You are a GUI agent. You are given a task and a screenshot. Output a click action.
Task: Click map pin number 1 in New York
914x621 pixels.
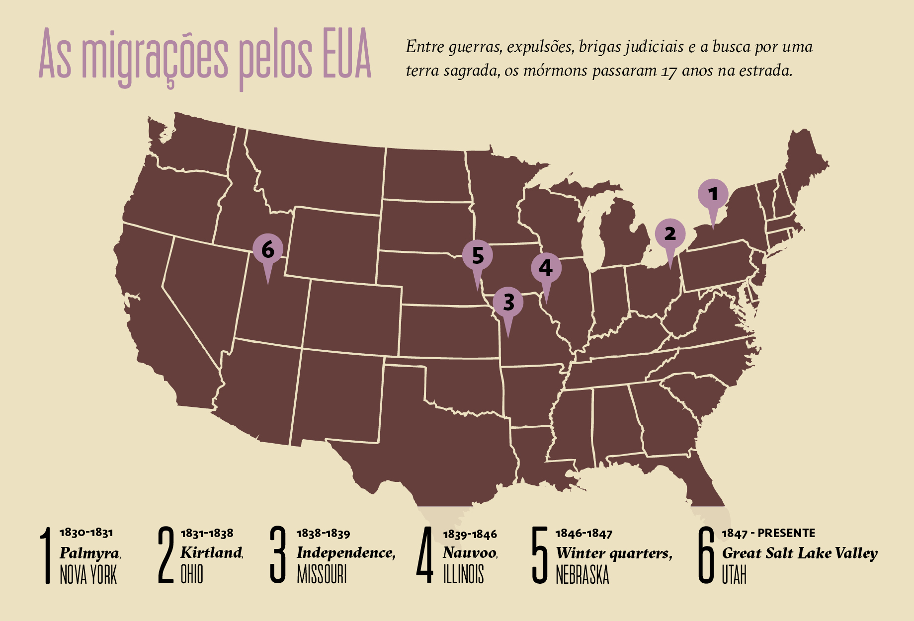point(713,195)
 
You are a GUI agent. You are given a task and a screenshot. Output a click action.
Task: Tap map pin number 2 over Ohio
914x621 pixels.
point(670,234)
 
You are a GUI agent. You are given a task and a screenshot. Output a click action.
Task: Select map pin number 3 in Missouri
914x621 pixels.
point(508,303)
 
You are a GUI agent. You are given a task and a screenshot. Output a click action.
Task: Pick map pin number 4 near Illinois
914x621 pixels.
point(546,268)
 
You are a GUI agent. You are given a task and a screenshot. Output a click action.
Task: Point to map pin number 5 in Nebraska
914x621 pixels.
point(478,256)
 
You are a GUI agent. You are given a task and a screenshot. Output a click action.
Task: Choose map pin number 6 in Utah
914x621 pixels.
point(268,250)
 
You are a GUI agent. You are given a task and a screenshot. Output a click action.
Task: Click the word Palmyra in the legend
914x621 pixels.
point(89,553)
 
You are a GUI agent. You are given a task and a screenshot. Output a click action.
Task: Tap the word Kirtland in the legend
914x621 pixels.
point(211,552)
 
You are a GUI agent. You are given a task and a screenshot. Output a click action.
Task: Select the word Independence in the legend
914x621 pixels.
point(345,552)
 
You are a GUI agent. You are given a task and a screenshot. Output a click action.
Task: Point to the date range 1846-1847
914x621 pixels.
point(584,534)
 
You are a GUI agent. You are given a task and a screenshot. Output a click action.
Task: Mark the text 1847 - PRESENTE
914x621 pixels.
point(768,534)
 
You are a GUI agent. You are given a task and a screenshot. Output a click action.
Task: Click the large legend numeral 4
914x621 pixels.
point(425,555)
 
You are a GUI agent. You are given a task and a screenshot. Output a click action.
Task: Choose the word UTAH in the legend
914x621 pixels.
point(734,575)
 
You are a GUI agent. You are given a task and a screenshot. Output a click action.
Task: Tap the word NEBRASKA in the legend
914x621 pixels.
point(582,575)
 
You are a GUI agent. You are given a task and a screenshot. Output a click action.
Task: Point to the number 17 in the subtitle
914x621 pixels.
point(668,72)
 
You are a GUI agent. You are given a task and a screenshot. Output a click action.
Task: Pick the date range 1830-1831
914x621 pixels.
point(86,533)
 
